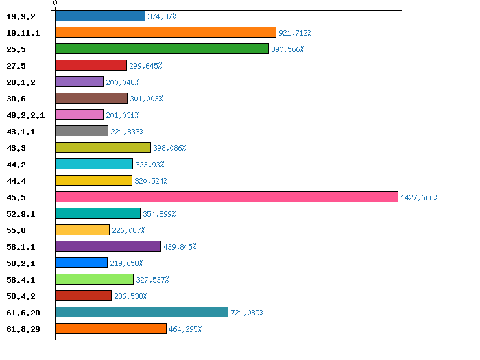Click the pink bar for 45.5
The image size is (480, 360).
226,197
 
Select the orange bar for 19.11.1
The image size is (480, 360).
165,32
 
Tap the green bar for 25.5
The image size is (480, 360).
162,49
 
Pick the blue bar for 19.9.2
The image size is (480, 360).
100,16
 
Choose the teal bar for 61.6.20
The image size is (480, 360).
141,312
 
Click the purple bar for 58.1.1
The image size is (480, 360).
108,246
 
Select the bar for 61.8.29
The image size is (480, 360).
110,328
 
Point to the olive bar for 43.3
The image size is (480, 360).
103,147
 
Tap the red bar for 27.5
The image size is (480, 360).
91,65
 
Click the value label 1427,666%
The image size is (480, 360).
419,197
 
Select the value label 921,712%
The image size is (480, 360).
295,33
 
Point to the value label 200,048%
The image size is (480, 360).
122,82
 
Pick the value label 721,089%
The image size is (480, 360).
247,313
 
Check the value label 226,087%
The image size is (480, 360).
128,230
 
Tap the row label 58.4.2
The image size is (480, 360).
21,296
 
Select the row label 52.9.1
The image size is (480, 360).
21,214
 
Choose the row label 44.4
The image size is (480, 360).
16,181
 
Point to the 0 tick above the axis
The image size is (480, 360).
55,4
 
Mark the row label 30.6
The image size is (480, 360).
16,99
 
